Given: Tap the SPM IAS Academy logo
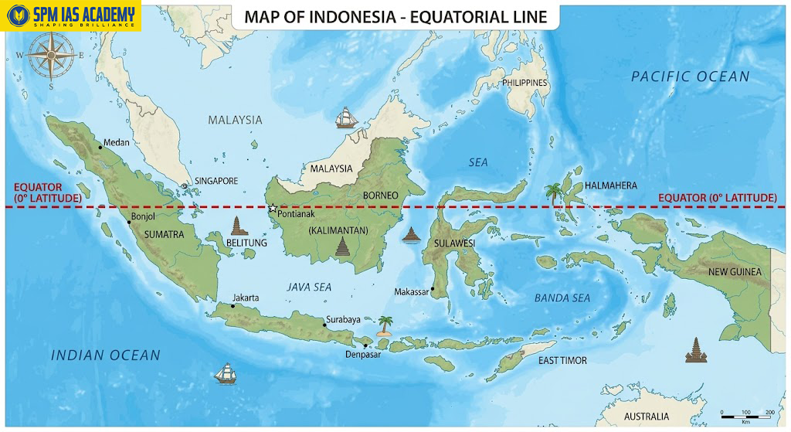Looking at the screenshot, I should pos(71,15).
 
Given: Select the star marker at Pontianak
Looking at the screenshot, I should pos(272,209).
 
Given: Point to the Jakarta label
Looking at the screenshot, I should pos(246,298).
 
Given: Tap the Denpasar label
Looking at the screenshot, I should pos(362,355).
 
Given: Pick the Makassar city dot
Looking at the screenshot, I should pos(433,290).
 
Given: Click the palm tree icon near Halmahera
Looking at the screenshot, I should pos(553,193).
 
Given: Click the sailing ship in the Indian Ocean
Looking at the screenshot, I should pos(225,372).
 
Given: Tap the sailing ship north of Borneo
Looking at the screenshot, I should pos(347,117).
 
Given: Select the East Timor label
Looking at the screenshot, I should pos(562,361).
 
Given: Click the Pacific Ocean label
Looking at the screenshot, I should pos(690,77).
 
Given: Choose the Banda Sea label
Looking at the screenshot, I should pos(562,298).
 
